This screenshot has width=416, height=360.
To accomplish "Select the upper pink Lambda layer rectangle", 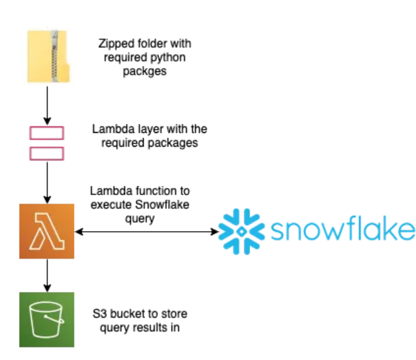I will tap(46, 134).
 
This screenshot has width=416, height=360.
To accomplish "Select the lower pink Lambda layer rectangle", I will tap(46, 153).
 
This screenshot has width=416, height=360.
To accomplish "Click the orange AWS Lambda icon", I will tap(46, 231).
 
